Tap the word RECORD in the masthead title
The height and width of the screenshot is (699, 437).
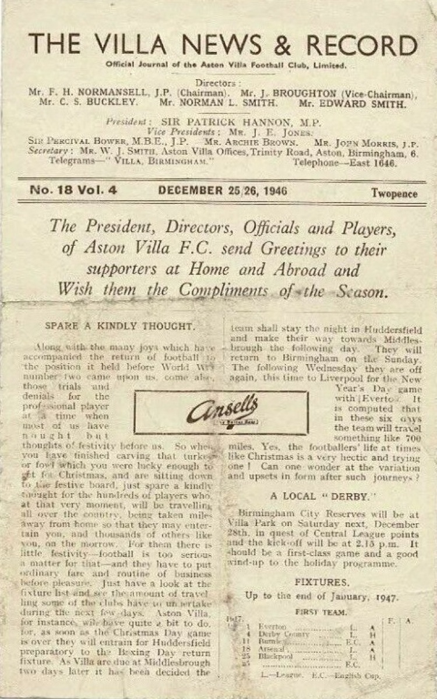pos(362,45)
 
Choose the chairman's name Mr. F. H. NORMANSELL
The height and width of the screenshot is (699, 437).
pos(87,94)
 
